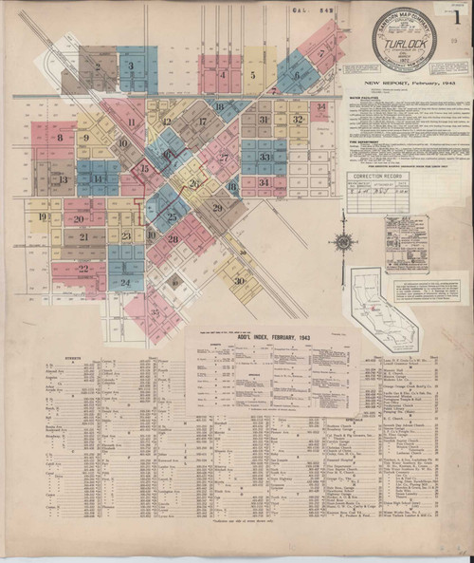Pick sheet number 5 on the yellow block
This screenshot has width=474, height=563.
coord(252,74)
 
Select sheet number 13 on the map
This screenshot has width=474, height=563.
coord(63,179)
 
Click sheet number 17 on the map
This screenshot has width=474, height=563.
coord(203,122)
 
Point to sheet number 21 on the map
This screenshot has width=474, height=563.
coord(84,236)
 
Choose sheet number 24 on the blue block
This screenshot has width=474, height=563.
coord(125,282)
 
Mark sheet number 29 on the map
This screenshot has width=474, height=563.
coord(217,208)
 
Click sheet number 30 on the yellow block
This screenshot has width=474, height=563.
coord(239,280)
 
